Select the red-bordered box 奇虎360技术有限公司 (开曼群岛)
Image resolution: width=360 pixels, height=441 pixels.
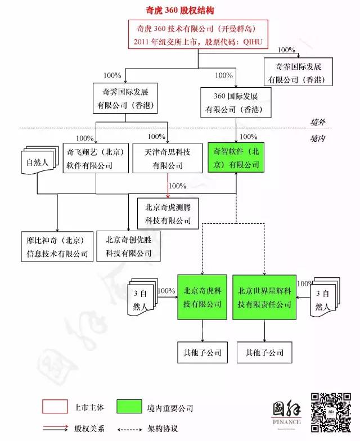click(x=199, y=35)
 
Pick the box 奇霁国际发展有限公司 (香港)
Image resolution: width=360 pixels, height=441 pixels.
click(x=125, y=98)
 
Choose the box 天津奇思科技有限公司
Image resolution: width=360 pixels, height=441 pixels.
click(x=168, y=158)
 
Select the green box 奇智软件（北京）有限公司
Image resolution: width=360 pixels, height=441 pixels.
click(x=236, y=158)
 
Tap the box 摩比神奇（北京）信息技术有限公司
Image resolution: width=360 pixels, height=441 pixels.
click(x=57, y=246)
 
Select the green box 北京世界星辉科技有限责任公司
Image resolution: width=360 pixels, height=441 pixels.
click(x=264, y=297)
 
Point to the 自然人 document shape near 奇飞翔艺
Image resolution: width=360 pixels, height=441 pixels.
click(x=39, y=163)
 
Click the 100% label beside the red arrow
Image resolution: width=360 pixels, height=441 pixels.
click(x=178, y=186)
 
